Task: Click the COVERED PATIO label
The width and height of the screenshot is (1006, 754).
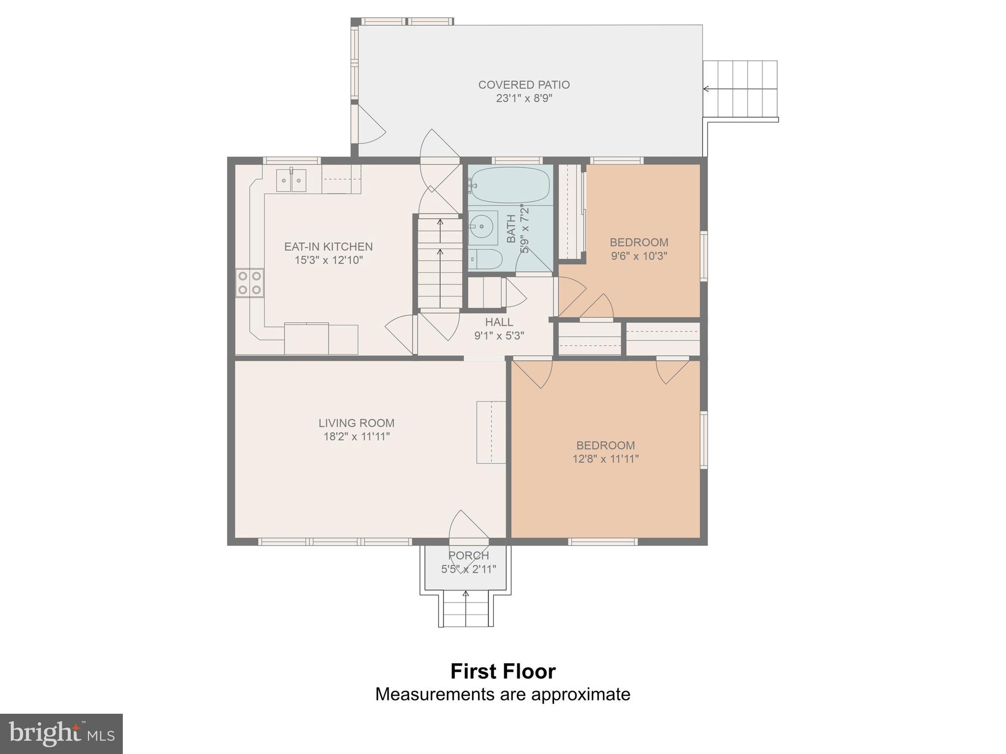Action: (524, 85)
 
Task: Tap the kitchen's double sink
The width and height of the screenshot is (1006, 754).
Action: (291, 180)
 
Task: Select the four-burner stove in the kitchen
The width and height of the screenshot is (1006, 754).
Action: (250, 283)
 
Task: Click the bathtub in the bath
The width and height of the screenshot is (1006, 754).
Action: (508, 185)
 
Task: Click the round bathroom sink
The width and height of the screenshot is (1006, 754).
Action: (482, 227)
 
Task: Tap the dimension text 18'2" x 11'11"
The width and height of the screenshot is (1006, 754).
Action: (356, 436)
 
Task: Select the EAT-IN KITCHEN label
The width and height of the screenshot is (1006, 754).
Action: (328, 246)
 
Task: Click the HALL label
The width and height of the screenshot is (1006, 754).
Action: (499, 322)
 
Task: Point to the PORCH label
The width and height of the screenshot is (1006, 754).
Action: (469, 555)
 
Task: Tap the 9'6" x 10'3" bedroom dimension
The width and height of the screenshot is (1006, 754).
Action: (639, 256)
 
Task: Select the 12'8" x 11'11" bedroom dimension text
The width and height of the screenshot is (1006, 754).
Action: (605, 459)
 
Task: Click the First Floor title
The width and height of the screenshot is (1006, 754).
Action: (503, 672)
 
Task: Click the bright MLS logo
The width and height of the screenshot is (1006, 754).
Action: (61, 734)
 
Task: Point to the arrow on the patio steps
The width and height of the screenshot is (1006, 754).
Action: (706, 89)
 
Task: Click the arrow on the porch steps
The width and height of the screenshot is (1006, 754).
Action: (466, 594)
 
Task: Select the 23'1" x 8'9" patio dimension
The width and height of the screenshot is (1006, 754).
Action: (524, 98)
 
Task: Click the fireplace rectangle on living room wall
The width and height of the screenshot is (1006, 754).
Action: (491, 432)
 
